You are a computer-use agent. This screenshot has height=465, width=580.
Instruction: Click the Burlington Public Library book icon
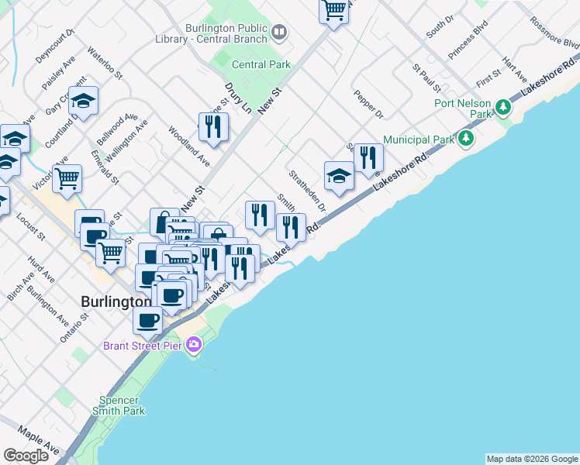tap(279, 33)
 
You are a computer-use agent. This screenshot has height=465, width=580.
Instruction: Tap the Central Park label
tap(261, 65)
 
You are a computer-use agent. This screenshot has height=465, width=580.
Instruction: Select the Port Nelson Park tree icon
tap(502, 105)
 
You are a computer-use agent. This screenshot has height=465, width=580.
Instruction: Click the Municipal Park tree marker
tap(465, 139)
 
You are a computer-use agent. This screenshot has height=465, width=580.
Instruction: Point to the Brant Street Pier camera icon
tap(193, 346)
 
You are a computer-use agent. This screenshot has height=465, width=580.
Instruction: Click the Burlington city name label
tap(116, 301)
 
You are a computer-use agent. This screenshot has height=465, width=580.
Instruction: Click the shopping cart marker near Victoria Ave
tap(67, 177)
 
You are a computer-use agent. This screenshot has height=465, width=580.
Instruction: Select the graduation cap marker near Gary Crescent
tap(83, 102)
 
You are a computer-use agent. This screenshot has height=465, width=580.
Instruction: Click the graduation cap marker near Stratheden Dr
tap(339, 176)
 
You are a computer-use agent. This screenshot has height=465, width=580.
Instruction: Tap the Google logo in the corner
tap(26, 456)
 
